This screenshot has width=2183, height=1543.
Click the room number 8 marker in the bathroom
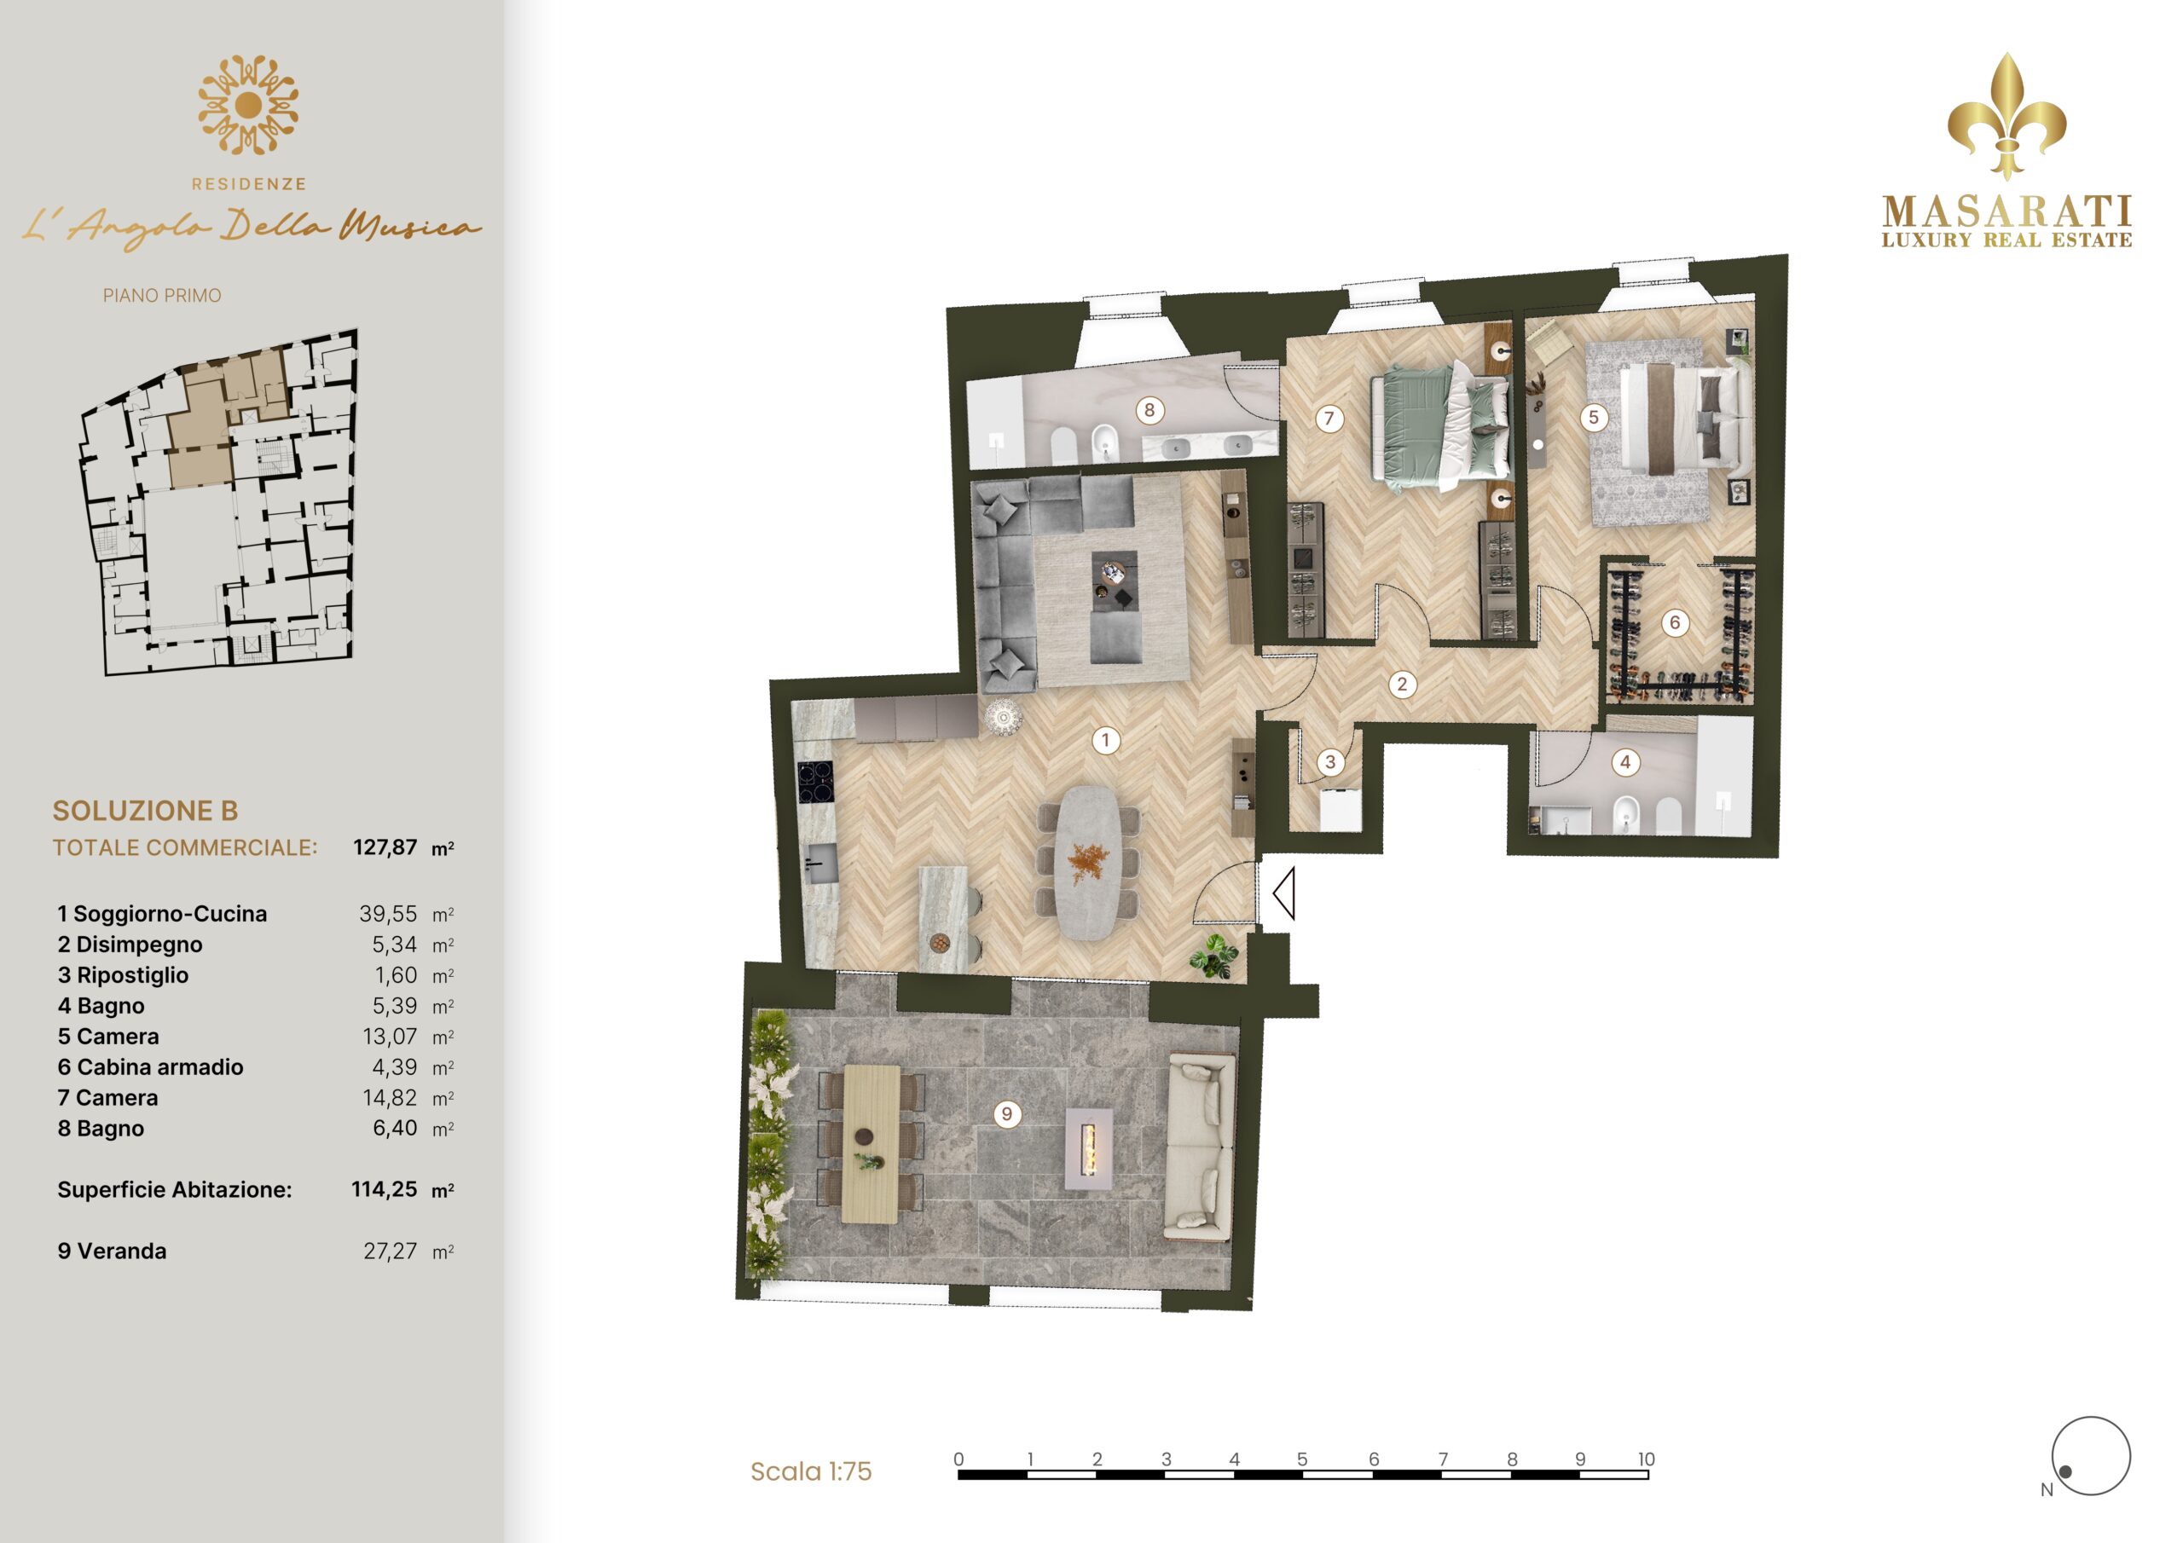pos(1149,411)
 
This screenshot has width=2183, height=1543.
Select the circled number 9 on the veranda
pos(1006,1114)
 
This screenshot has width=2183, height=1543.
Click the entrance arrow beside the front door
pos(1283,893)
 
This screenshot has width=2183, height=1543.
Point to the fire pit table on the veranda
pos(1089,1149)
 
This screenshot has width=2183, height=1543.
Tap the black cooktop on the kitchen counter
pos(815,783)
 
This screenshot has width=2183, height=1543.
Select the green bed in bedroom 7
pos(1440,427)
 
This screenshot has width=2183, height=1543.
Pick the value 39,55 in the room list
pos(388,914)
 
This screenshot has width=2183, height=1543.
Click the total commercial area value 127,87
pos(385,847)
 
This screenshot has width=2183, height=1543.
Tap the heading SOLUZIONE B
pos(146,811)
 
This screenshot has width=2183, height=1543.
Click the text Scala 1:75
pos(811,1471)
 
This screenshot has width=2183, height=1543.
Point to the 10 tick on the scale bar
pos(1646,1459)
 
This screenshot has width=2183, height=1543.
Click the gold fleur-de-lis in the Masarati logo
pos(2006,116)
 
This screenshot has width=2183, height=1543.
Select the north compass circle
pos(2091,1455)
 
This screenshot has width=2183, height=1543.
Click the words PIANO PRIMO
pos(163,296)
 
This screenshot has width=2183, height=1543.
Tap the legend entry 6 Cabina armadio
pos(150,1066)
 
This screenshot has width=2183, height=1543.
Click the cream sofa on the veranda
pos(1201,1147)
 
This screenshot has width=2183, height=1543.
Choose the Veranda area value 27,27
pos(390,1251)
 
